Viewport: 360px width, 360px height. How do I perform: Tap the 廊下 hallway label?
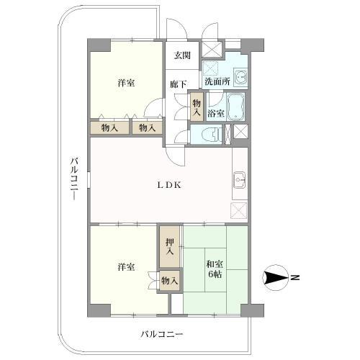(179, 84)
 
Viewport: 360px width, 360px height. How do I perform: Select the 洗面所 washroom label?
(216, 81)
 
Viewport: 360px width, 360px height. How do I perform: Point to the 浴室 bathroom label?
(215, 113)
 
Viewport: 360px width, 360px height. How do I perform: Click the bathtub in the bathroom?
(236, 108)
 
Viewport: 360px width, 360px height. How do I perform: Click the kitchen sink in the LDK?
(240, 181)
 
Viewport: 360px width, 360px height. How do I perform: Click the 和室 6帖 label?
(214, 268)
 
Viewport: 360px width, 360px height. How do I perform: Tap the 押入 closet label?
(170, 246)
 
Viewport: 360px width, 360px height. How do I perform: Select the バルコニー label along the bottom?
(161, 334)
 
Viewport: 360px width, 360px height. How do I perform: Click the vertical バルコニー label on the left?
(74, 179)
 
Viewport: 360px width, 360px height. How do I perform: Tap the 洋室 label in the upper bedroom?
(126, 84)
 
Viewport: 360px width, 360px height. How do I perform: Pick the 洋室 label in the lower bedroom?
(126, 267)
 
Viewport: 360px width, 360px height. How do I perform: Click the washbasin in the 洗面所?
(240, 77)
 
